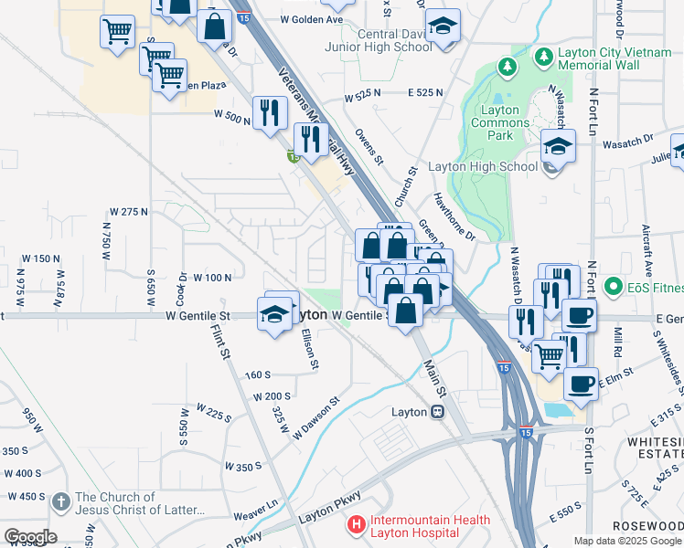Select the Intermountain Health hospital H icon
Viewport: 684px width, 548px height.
pos(356,526)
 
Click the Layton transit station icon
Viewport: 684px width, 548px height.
pos(437,412)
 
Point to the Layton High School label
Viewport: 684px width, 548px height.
pos(494,167)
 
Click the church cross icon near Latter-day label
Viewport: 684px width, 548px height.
pos(61,501)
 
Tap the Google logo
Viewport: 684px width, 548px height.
pos(30,536)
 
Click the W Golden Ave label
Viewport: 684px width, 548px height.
pos(311,19)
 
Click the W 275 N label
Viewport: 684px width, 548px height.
pos(128,212)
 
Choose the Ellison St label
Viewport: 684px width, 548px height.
pos(308,349)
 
